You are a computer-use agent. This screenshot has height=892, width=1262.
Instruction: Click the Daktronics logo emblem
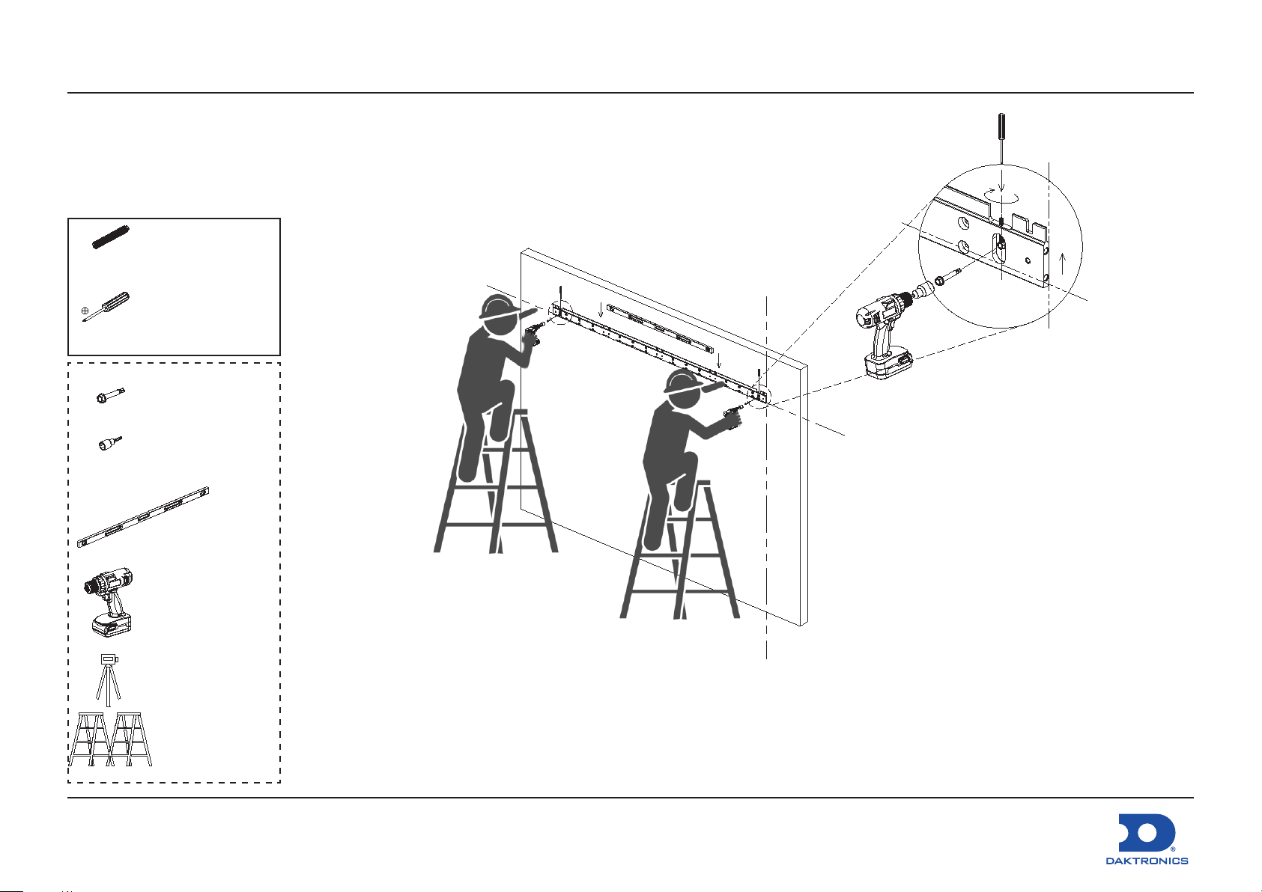[x=1147, y=832]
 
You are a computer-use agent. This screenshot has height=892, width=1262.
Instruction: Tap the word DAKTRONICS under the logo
[x=1147, y=861]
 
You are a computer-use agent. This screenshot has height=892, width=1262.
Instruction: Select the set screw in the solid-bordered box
[x=111, y=237]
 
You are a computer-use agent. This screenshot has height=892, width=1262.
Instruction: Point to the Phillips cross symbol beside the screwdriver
[x=85, y=310]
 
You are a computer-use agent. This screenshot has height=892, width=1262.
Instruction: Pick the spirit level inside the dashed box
[x=143, y=517]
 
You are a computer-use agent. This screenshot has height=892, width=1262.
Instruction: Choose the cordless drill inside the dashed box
[x=109, y=602]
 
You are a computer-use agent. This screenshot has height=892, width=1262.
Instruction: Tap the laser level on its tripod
[x=108, y=679]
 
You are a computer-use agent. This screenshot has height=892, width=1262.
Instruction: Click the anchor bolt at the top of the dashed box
[x=110, y=396]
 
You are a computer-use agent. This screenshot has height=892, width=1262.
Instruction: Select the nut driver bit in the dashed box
[x=110, y=444]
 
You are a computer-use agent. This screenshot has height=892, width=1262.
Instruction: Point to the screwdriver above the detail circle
[x=1001, y=140]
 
